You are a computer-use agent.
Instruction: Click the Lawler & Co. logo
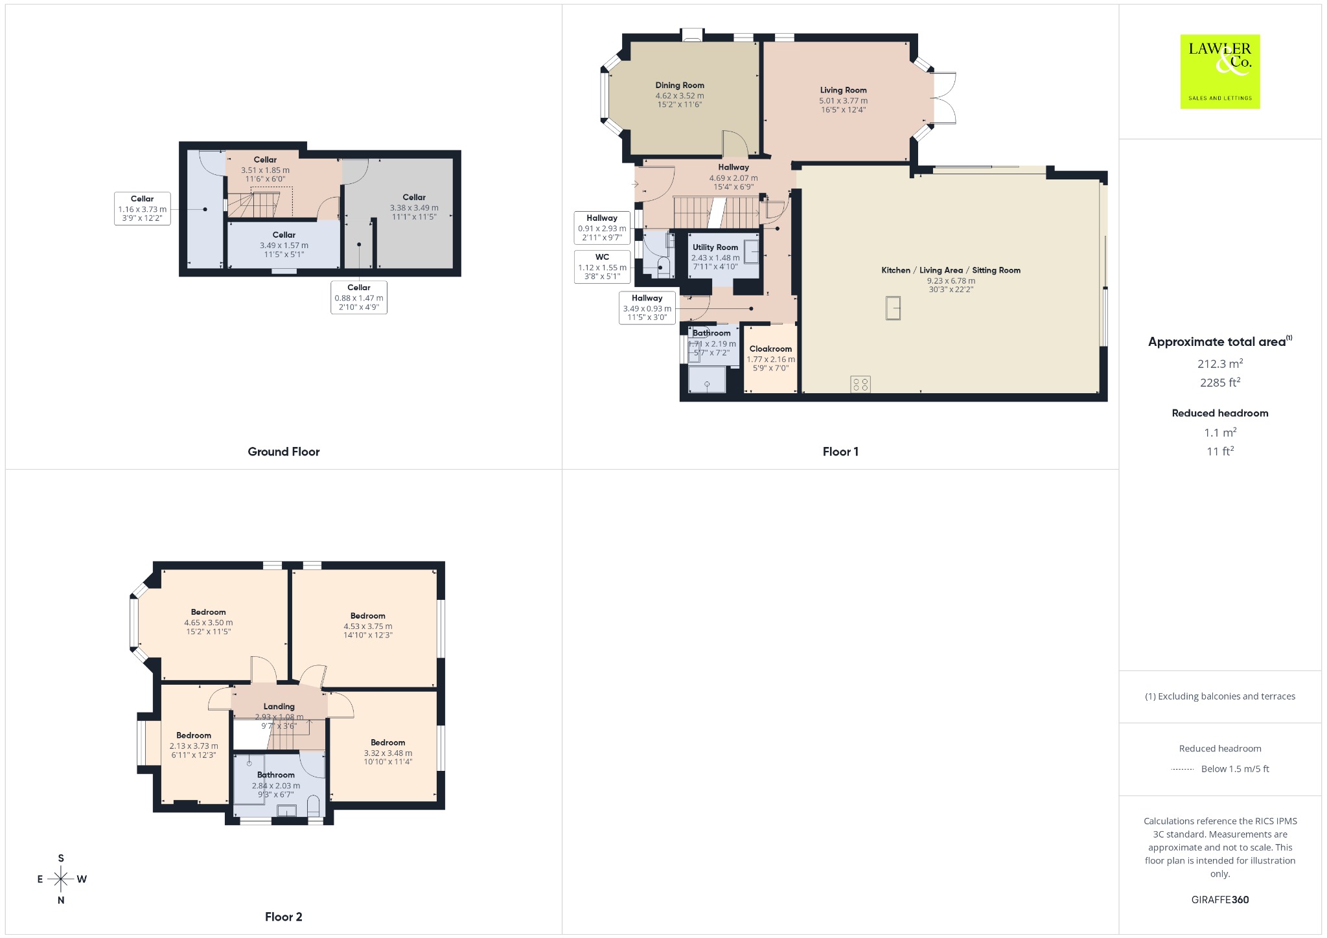[x=1219, y=71]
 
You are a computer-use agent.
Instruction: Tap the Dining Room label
[x=680, y=85]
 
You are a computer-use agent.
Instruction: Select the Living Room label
[x=843, y=90]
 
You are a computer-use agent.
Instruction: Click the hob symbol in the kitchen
[x=860, y=384]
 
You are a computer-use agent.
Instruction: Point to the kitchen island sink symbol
[x=893, y=308]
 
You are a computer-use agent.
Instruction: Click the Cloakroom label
[x=770, y=349]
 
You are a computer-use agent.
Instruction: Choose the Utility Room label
[x=715, y=247]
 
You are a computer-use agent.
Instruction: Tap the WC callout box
[x=603, y=267]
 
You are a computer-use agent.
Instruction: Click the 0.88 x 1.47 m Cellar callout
[x=359, y=297]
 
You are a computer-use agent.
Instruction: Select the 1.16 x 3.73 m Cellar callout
[x=143, y=209]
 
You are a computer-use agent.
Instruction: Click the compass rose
[x=61, y=879]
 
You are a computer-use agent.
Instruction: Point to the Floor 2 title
[x=284, y=917]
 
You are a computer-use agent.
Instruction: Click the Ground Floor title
[x=284, y=452]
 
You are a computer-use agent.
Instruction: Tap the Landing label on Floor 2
[x=279, y=706]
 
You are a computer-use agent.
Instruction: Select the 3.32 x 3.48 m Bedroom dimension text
[x=388, y=753]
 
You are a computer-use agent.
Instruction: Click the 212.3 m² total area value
[x=1220, y=363]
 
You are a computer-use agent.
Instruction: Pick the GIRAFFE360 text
[x=1220, y=900]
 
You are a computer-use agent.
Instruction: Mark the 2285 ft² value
[x=1220, y=383]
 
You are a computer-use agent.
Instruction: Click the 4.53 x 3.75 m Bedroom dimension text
[x=368, y=626]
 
